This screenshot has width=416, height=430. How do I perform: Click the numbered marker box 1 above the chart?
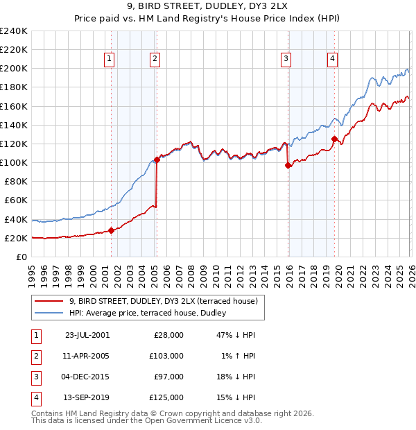(110, 60)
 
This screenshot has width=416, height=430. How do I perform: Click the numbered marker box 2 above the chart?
(155, 60)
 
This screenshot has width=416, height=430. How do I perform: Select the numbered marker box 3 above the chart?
(286, 60)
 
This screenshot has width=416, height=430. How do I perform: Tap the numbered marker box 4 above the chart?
(333, 60)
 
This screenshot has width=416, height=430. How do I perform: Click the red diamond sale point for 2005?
(157, 160)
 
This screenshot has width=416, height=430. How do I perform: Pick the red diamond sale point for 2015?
(288, 165)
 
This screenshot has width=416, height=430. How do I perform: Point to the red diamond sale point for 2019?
(334, 139)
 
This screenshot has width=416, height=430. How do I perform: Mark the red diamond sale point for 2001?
(111, 230)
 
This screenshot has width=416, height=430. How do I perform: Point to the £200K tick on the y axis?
(13, 69)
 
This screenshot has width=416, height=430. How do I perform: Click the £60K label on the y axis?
(15, 200)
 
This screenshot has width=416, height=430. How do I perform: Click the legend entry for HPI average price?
(152, 313)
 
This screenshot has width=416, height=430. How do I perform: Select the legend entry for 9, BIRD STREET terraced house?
(164, 301)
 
